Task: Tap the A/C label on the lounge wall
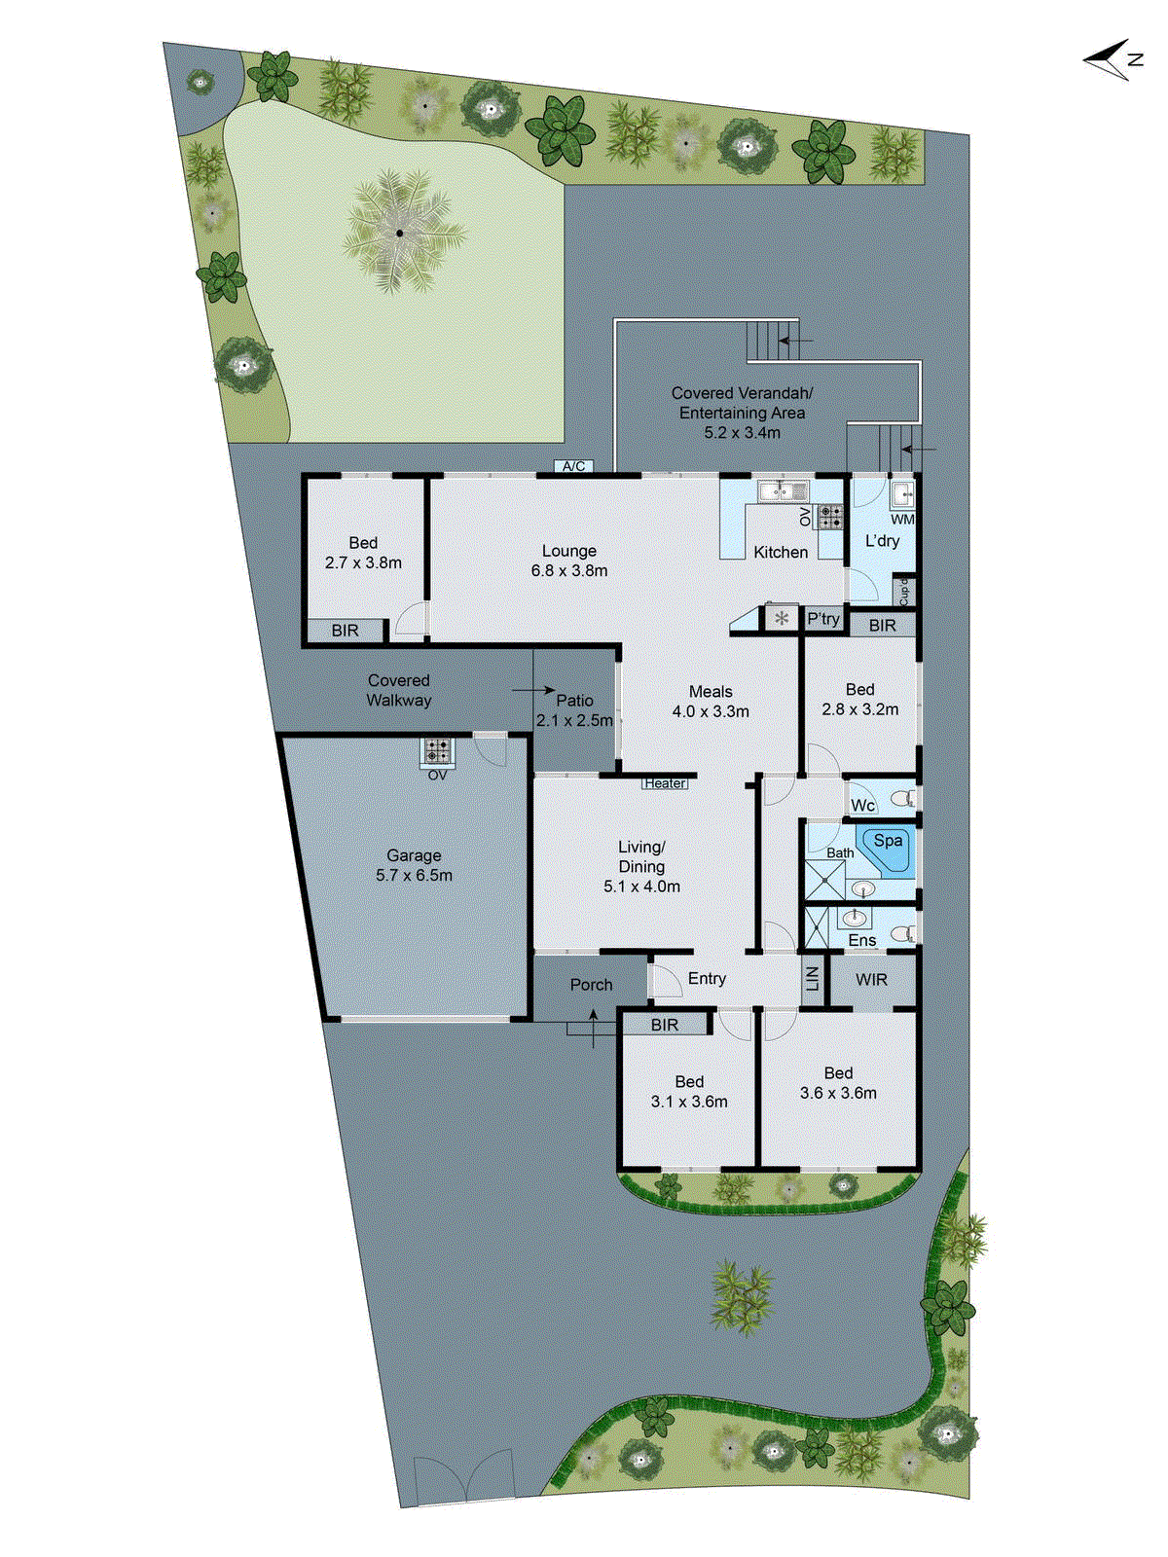pos(574,466)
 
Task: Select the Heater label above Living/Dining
pos(665,783)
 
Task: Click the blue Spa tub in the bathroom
pos(886,846)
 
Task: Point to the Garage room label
pos(414,855)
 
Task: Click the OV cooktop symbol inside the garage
pos(437,750)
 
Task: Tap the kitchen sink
pos(784,491)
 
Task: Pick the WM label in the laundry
pos(902,520)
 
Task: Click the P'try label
pos(822,619)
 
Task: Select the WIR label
pos(871,980)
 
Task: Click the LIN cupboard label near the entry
pos(813,979)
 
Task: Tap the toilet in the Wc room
pos(902,800)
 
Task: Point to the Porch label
pos(591,985)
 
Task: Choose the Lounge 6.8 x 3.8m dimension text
pos(569,571)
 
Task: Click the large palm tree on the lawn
pos(399,233)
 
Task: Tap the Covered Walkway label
pos(399,690)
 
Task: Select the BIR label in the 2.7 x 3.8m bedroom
pos(345,631)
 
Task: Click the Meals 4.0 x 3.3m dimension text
pos(711,711)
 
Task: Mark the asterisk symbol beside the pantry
pos(781,618)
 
